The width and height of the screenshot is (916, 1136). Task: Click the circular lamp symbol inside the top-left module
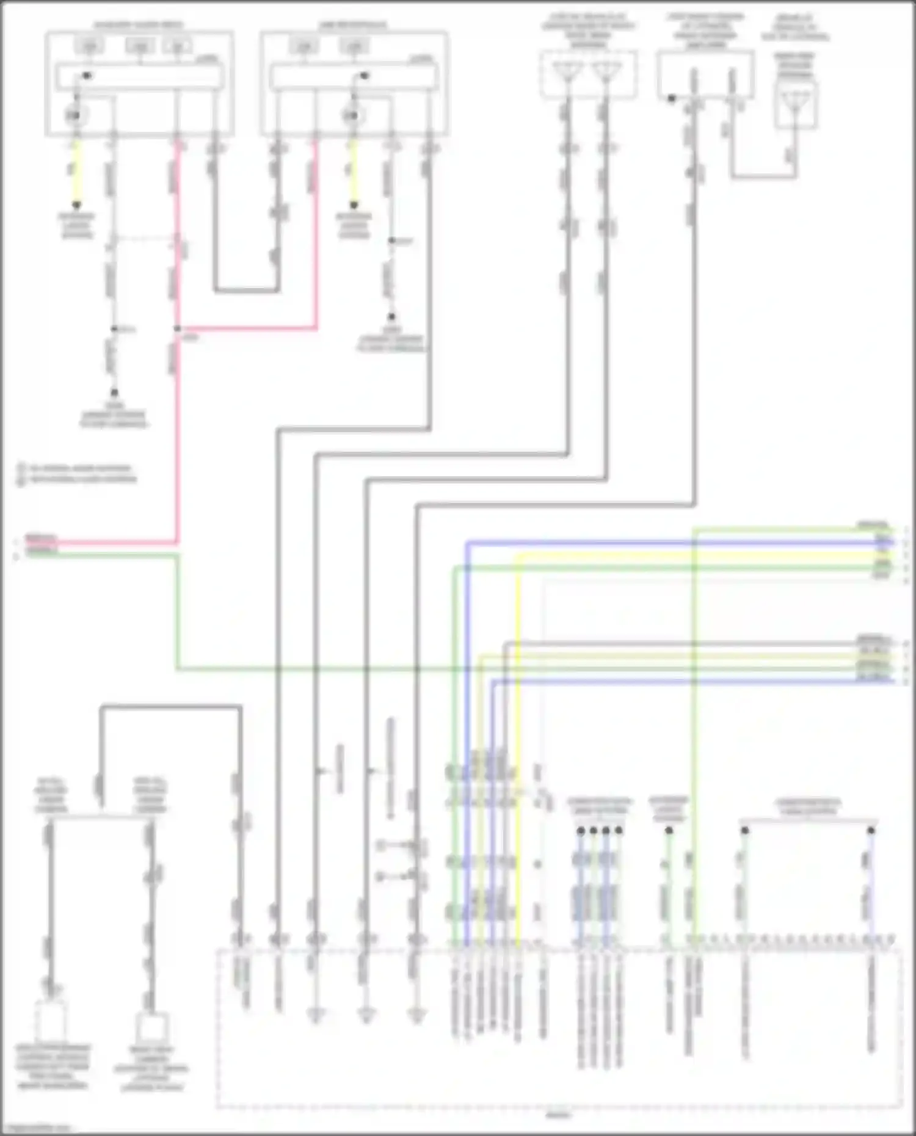tap(76, 115)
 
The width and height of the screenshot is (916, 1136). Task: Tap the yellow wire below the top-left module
tap(76, 174)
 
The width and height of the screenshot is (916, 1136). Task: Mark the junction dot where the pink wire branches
tap(178, 328)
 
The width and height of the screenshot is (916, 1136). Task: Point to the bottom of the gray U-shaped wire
tap(247, 291)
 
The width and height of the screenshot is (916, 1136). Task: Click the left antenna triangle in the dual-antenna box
tap(567, 71)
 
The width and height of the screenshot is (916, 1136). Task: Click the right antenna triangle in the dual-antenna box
tap(605, 71)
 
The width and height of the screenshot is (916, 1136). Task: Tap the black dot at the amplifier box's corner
tap(671, 98)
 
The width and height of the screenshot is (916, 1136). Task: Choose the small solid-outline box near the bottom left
tap(151, 1027)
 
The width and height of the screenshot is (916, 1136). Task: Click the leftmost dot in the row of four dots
tap(581, 831)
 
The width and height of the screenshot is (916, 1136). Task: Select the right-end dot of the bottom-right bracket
tap(871, 831)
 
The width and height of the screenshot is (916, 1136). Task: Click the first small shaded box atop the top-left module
tap(89, 46)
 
